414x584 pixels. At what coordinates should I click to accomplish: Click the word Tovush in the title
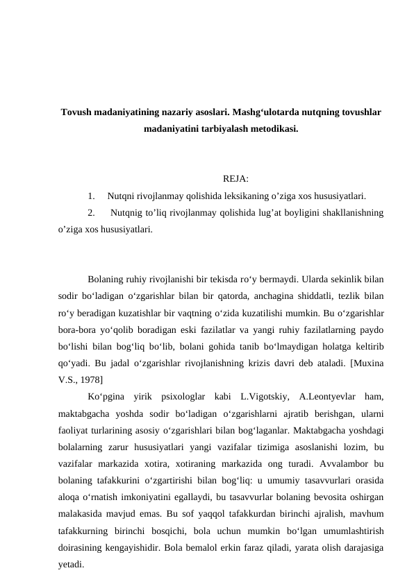[x=76, y=113]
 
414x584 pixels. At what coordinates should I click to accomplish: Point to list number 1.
[x=92, y=196]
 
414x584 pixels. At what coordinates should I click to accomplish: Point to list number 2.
[x=92, y=213]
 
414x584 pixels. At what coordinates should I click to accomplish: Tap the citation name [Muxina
[x=367, y=362]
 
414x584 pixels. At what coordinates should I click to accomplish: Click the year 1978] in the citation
[x=92, y=378]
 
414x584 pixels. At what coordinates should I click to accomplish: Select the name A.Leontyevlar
[x=328, y=395]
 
